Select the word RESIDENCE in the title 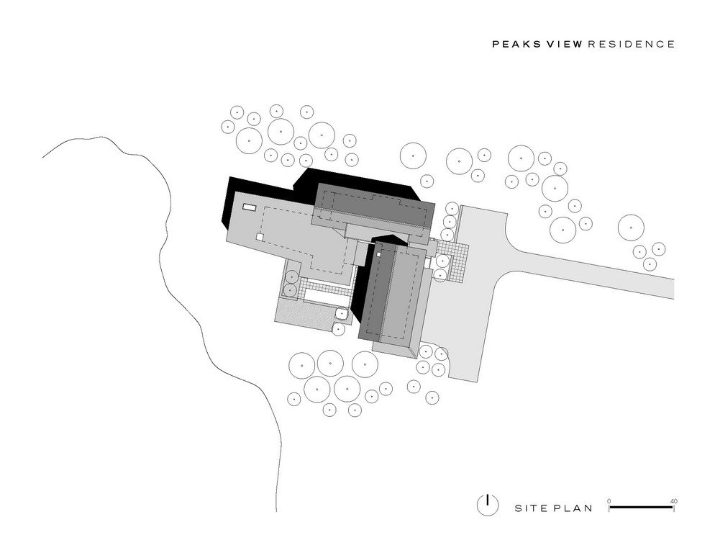coord(632,45)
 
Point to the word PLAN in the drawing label coord(573,508)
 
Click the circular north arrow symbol coord(488,505)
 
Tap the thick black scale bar coord(641,507)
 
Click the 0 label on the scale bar coord(609,501)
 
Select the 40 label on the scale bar coord(674,501)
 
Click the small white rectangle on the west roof coord(249,207)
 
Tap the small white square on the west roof coord(260,238)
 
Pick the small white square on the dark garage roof coord(378,254)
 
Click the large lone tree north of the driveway coord(631,228)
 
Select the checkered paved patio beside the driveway coord(453,259)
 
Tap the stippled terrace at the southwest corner coord(304,315)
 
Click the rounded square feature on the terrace coord(341,314)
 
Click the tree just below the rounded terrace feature coord(338,329)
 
